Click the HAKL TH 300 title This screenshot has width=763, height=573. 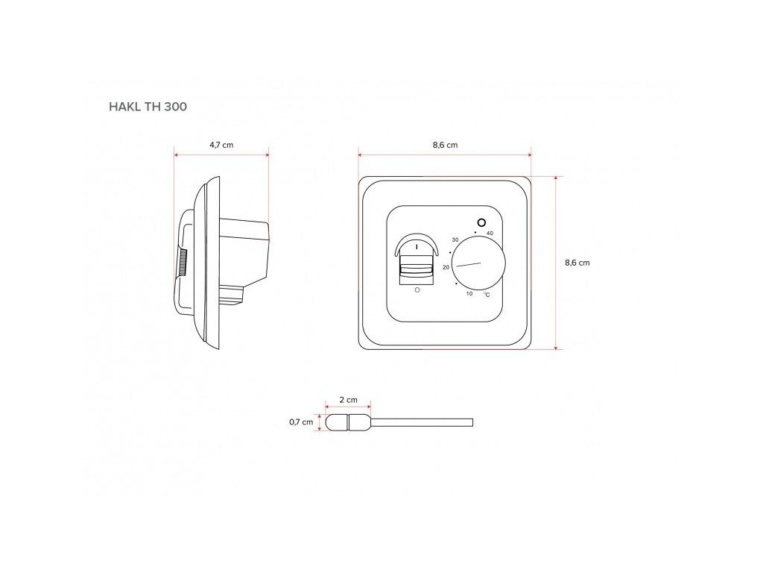[x=148, y=107]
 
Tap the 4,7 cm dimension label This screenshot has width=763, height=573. [x=221, y=145]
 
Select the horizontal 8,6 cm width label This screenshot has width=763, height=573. [x=446, y=145]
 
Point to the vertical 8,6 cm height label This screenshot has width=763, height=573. [x=577, y=263]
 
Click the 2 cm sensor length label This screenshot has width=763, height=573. [x=349, y=400]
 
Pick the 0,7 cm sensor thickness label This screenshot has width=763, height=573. [x=301, y=422]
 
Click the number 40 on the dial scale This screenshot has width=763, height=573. [x=490, y=234]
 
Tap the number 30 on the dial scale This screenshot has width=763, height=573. [x=455, y=239]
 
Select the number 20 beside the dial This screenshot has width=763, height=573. [x=446, y=267]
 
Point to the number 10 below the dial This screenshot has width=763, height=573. [x=469, y=293]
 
